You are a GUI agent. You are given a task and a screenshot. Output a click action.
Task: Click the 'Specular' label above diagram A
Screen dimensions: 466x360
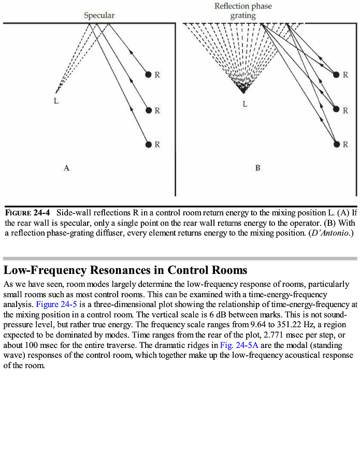click(99, 16)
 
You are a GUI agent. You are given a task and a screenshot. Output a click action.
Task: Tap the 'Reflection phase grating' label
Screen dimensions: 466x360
click(243, 11)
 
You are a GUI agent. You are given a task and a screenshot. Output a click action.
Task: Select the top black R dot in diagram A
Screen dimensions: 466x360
click(149, 75)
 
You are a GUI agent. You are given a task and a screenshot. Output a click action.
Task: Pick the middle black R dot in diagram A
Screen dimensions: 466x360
click(149, 110)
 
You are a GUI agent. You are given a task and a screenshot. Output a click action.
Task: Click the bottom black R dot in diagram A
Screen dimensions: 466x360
click(149, 144)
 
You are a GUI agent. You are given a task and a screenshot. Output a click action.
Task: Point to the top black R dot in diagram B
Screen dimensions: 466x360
click(337, 75)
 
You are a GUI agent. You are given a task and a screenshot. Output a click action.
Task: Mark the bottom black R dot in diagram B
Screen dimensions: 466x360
click(337, 144)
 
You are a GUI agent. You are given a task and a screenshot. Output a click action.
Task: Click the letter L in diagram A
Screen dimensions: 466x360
click(56, 101)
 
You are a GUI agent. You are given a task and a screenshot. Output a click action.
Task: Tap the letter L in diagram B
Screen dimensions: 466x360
click(245, 105)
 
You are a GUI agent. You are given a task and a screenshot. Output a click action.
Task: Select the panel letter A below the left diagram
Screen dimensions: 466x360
click(66, 168)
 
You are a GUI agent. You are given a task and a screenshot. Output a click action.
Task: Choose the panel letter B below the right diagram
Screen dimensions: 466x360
click(257, 168)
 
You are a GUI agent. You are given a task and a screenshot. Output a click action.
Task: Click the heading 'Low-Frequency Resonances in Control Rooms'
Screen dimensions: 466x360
click(125, 270)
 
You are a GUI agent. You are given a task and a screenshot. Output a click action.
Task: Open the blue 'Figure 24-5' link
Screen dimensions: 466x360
click(56, 304)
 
